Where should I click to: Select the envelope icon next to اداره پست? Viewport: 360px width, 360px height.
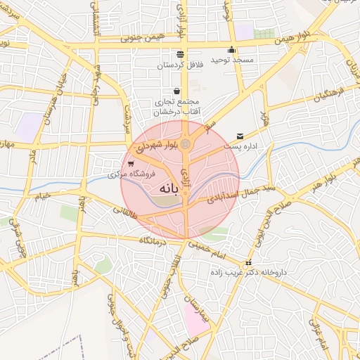pos(241,136)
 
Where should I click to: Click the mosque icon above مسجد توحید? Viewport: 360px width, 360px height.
pos(231,50)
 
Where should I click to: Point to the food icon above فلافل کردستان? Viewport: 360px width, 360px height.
pos(181,54)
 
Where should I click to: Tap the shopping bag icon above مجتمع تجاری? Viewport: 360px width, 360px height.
pos(176,91)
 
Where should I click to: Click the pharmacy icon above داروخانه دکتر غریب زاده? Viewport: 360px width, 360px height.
pos(248,262)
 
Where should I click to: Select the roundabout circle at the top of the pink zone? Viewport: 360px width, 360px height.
pos(185,144)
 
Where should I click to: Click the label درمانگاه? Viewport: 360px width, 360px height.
pos(155,241)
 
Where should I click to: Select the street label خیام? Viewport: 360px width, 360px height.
pos(44,196)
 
